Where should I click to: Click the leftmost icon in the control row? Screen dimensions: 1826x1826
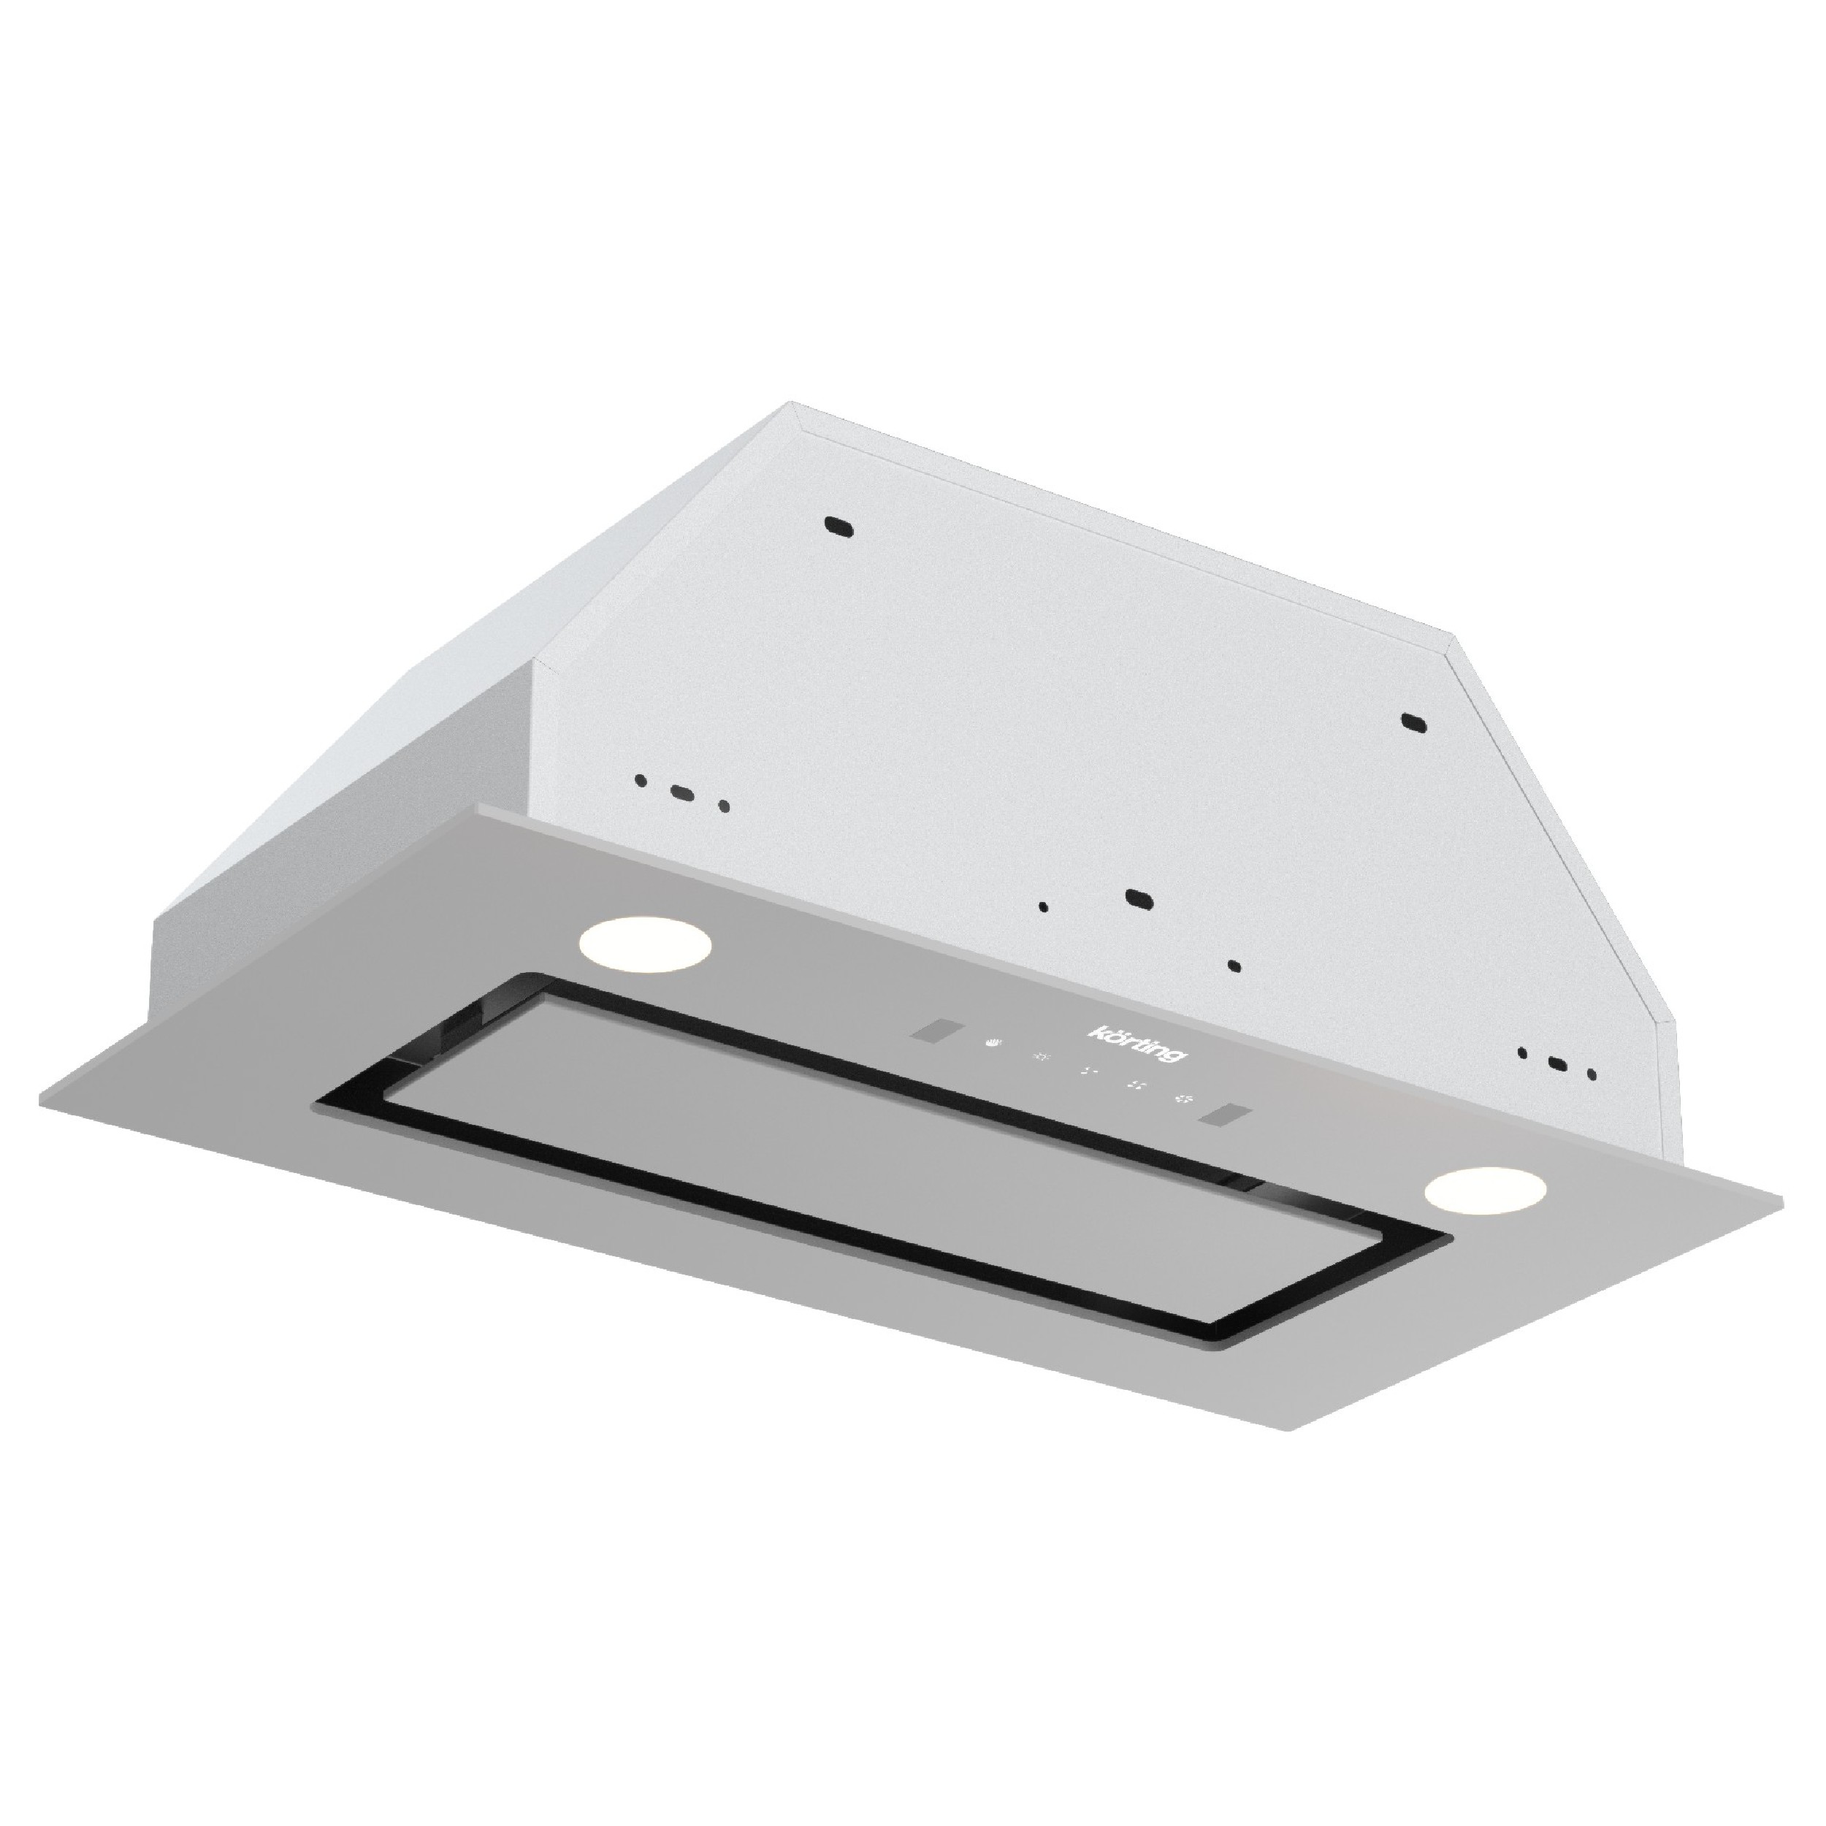click(991, 1044)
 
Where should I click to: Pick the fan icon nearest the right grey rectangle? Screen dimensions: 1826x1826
click(1183, 1099)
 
